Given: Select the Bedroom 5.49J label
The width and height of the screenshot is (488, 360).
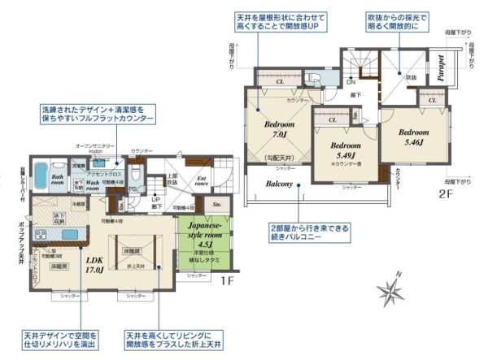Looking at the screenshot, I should [340, 150].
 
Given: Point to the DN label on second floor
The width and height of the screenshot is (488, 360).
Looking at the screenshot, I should [350, 82].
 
